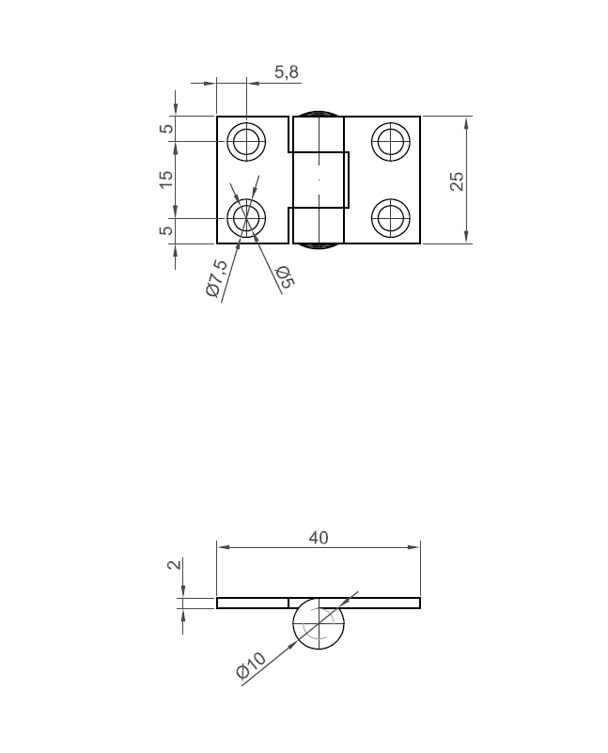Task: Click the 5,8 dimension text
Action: [x=287, y=72]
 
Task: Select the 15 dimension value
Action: [x=166, y=179]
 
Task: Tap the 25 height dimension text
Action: [x=458, y=180]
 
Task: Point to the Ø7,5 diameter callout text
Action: [x=217, y=280]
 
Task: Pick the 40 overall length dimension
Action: [x=319, y=538]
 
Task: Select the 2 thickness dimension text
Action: [x=172, y=565]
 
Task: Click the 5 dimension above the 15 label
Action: [x=166, y=129]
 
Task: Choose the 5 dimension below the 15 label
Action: [x=166, y=230]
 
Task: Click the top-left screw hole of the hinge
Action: [x=247, y=142]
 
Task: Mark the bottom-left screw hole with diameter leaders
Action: [x=247, y=218]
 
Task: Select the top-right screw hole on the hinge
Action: [x=390, y=142]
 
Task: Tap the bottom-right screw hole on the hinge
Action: [x=390, y=218]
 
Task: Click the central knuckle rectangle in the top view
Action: [x=320, y=179]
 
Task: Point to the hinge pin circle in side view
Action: [x=319, y=624]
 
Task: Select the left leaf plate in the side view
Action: [x=252, y=603]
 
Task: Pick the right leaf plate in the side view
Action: [x=385, y=603]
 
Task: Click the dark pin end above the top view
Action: [x=319, y=113]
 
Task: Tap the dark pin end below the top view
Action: [x=319, y=247]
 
